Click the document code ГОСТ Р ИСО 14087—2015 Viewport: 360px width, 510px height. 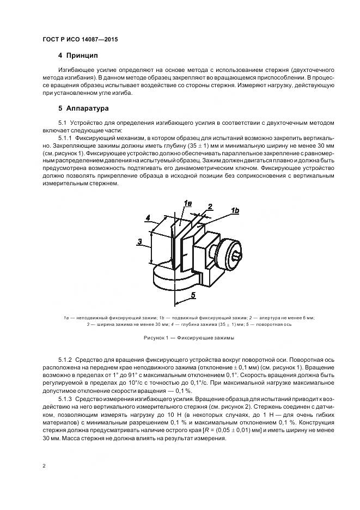click(x=80, y=40)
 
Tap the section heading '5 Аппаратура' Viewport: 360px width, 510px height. click(x=83, y=108)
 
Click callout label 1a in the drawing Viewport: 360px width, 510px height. click(x=187, y=204)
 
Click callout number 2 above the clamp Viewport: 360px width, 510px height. click(x=210, y=207)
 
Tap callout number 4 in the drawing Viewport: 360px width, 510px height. click(x=148, y=218)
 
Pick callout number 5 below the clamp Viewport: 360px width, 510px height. click(x=192, y=295)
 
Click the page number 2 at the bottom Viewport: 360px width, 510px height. click(x=44, y=465)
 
